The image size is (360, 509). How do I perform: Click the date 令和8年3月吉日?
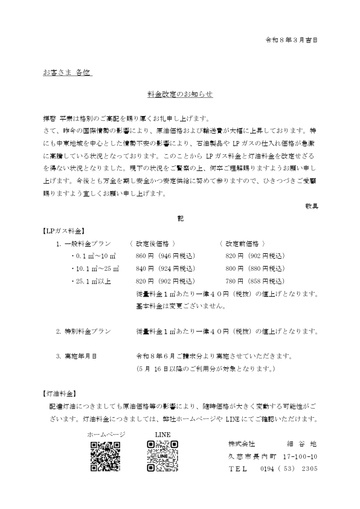coord(292,40)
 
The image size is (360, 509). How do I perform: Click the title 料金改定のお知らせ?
coord(180,95)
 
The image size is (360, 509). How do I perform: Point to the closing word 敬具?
coord(312,206)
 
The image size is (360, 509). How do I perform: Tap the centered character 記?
coord(180,217)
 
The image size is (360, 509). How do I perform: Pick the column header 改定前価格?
coord(245,244)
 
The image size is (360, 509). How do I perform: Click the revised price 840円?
coord(146,268)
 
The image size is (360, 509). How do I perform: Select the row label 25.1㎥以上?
coord(94,281)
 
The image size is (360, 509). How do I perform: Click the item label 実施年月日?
coord(80,356)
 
